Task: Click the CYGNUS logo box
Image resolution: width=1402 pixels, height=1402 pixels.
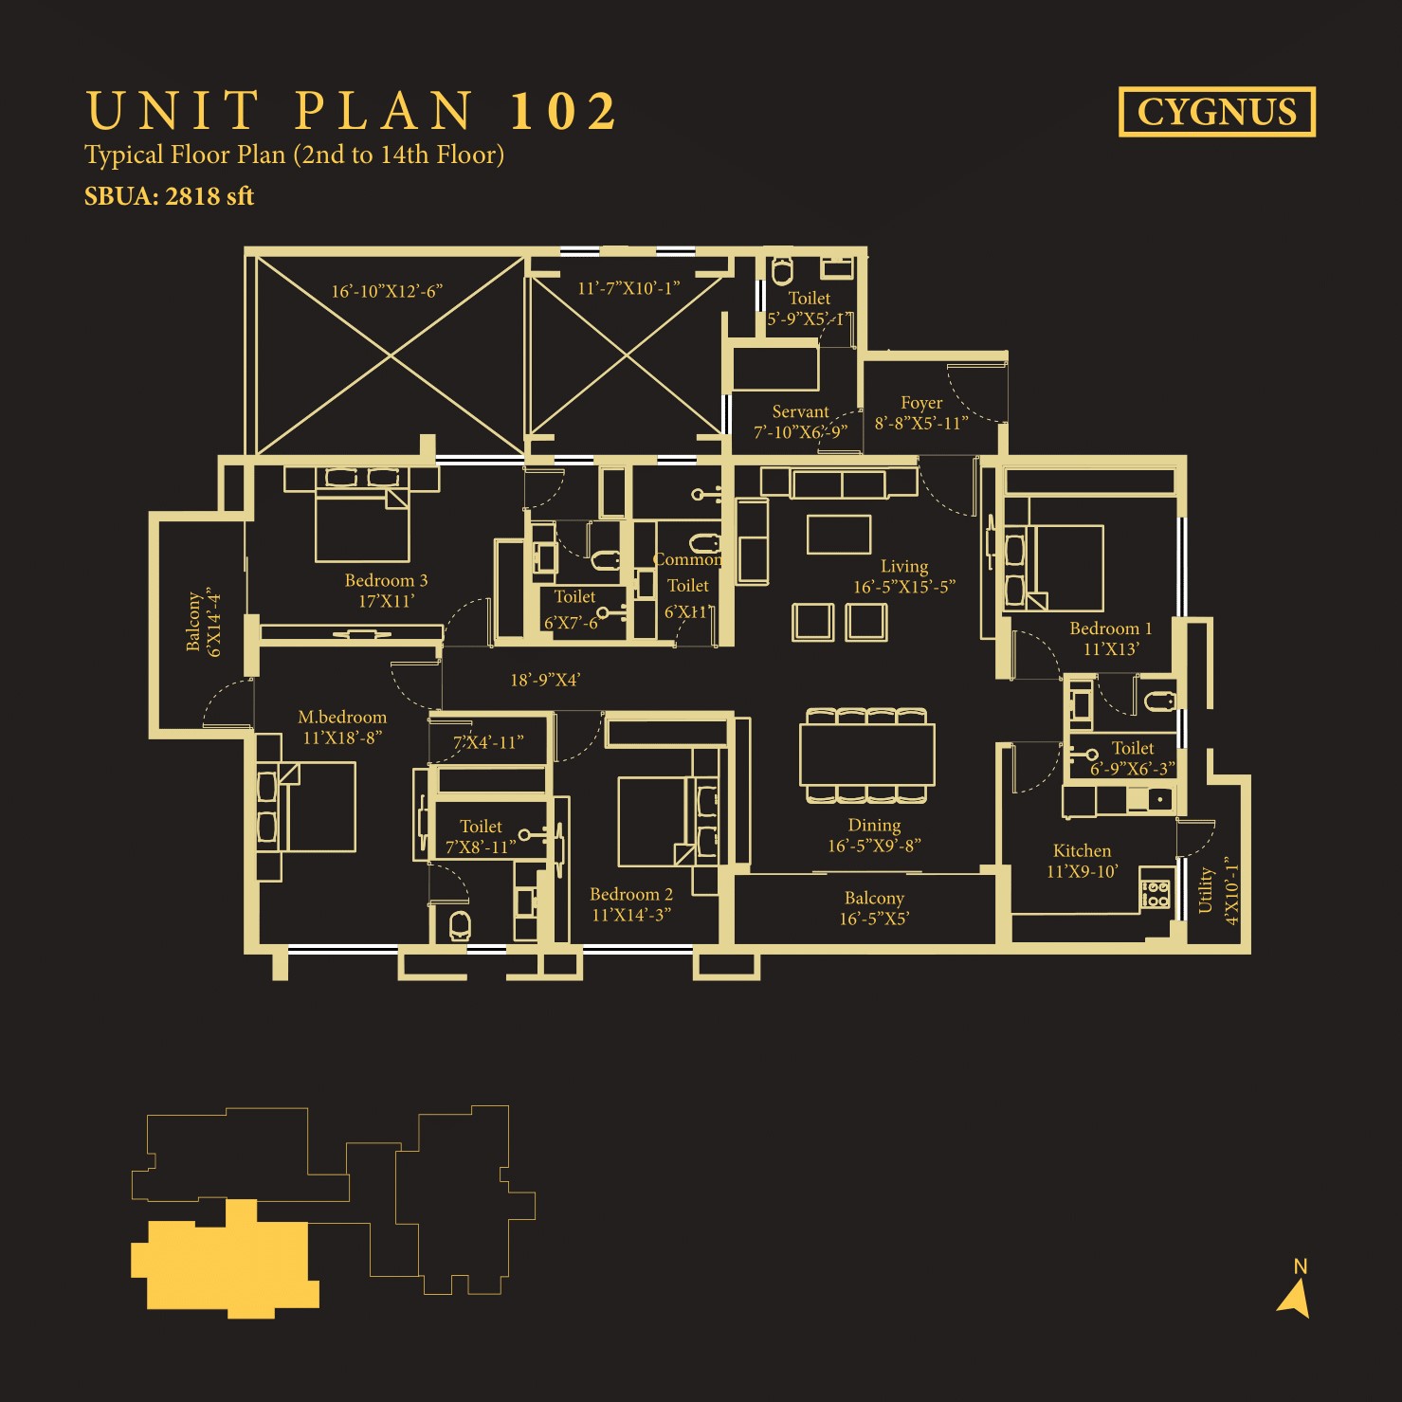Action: tap(1217, 112)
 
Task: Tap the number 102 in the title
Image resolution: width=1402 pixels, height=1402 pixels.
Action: tap(564, 111)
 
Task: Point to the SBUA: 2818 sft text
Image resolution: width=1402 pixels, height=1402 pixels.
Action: tap(169, 196)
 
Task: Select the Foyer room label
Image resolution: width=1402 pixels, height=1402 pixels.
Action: tap(921, 403)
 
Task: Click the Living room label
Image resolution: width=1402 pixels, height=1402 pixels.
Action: tap(904, 566)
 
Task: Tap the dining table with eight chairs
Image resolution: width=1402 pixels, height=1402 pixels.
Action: tap(867, 755)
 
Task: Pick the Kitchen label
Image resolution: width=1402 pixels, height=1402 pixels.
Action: tap(1082, 850)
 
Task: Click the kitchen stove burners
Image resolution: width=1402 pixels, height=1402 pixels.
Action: tap(1156, 894)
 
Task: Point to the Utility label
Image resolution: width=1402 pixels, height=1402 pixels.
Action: tap(1206, 890)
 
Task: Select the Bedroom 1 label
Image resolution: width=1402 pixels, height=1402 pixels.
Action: tap(1111, 628)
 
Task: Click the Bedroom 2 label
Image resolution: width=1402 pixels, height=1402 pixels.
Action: tap(631, 894)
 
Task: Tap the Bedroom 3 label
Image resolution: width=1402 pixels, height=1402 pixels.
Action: tap(386, 580)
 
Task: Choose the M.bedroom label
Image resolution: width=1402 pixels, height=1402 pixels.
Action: tap(342, 717)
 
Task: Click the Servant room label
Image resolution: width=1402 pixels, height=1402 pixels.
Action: tap(800, 411)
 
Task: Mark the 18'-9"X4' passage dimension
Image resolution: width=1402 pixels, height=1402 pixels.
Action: tap(545, 680)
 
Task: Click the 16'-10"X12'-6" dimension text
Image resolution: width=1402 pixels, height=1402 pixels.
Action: tap(387, 291)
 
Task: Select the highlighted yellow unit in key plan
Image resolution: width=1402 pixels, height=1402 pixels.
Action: tap(225, 1259)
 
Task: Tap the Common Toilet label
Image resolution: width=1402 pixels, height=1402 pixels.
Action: tap(687, 573)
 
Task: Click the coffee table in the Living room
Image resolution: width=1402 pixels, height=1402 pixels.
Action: tap(839, 534)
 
